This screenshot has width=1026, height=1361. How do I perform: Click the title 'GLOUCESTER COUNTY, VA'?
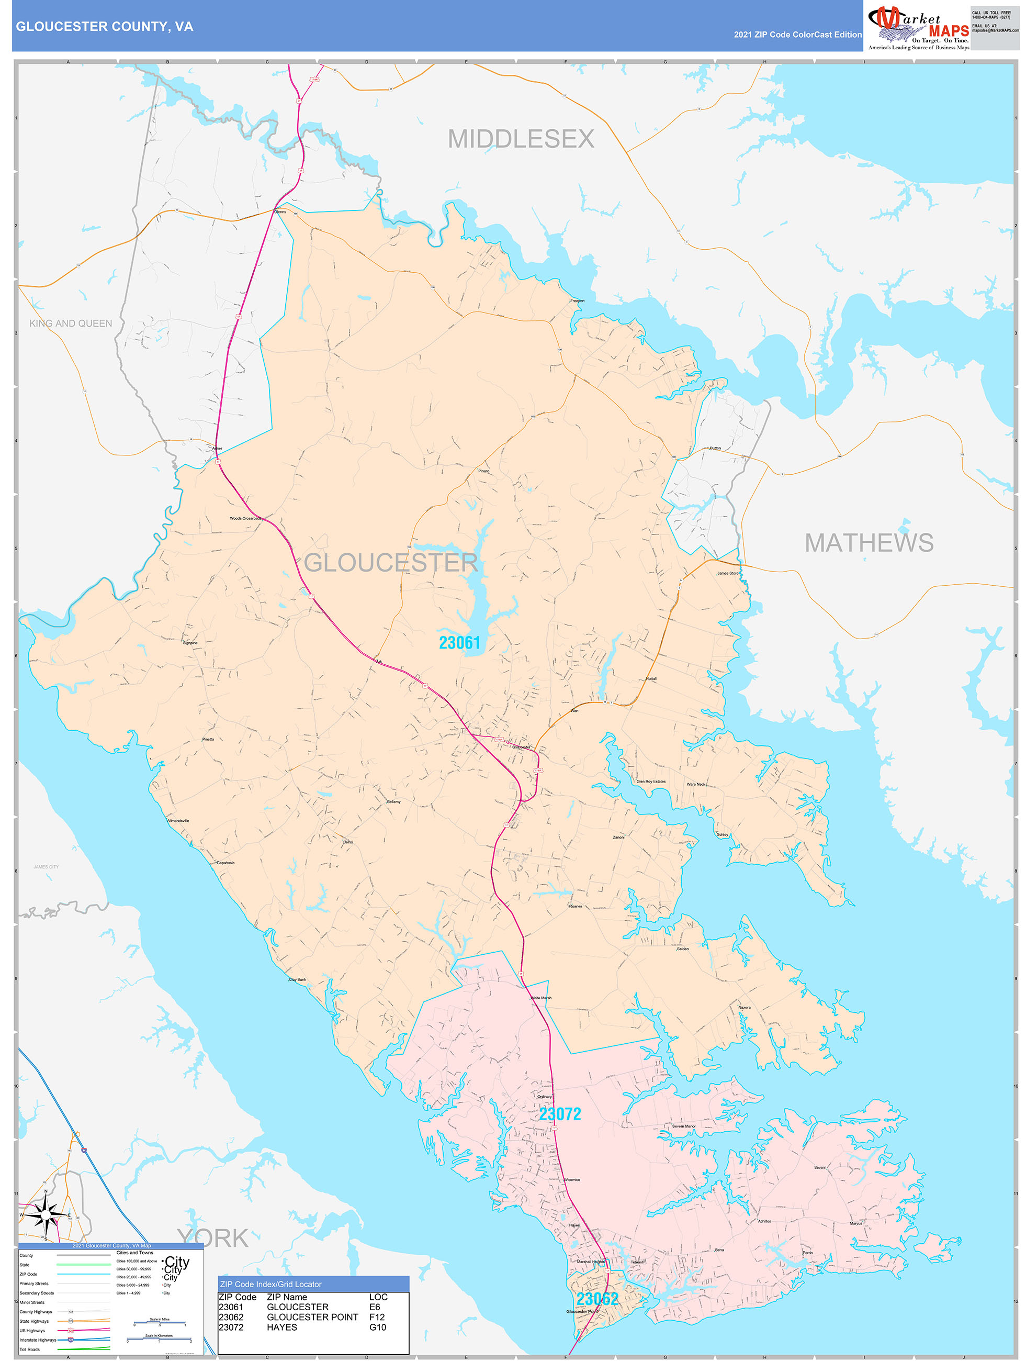pos(105,27)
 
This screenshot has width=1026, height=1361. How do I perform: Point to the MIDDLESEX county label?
pos(521,139)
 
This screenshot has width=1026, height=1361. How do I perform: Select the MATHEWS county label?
pos(869,543)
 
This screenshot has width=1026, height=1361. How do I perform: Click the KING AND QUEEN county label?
pos(71,323)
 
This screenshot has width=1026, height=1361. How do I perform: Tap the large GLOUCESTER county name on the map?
pos(391,562)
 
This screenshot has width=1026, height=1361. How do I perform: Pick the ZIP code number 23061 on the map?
pos(459,643)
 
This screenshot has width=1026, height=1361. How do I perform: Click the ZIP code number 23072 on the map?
pos(560,1113)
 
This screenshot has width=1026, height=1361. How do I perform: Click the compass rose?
pos(46,1215)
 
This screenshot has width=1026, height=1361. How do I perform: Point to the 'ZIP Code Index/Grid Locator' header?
pos(270,1284)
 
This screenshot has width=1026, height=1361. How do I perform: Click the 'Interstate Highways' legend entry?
pos(38,1340)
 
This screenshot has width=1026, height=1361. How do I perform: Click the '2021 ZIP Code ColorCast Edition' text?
pos(797,35)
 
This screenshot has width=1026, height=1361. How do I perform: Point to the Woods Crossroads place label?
pos(245,518)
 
